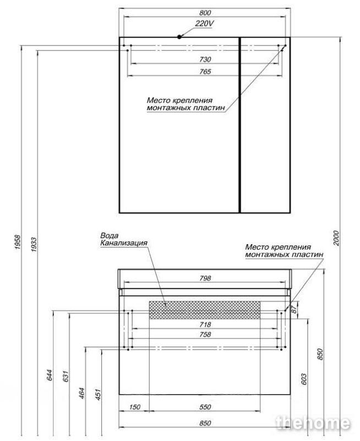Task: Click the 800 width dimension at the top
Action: click(x=205, y=13)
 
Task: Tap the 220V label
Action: click(x=204, y=24)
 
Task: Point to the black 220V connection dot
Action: click(x=179, y=37)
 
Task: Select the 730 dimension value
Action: click(x=205, y=59)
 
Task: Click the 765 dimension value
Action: click(x=205, y=71)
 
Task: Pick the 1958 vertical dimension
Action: click(x=18, y=242)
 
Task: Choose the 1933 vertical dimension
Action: click(x=34, y=244)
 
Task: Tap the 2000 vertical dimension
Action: click(x=336, y=238)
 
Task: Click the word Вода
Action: click(x=110, y=236)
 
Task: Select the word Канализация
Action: click(x=124, y=243)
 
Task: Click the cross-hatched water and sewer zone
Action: click(x=205, y=310)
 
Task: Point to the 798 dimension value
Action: click(x=205, y=278)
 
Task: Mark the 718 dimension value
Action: click(x=205, y=324)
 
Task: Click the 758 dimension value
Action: click(x=205, y=334)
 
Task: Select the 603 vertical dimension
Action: click(x=304, y=379)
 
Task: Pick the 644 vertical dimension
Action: click(x=50, y=375)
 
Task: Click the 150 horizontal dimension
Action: click(x=135, y=407)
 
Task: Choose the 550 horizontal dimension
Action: click(x=205, y=407)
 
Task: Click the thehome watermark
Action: click(x=313, y=423)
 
